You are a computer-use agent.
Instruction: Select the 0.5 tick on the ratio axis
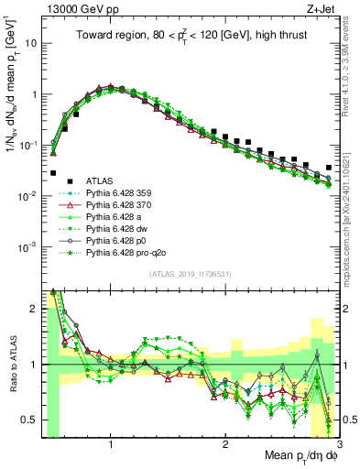(x=31, y=420)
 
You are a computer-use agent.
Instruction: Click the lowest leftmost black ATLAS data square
(x=53, y=172)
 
